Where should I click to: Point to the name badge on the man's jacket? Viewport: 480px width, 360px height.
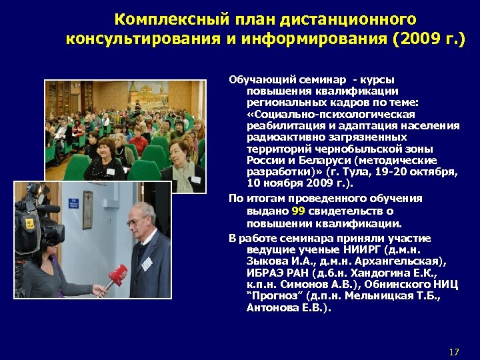tap(147, 263)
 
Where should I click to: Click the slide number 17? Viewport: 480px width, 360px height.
tap(454, 351)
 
